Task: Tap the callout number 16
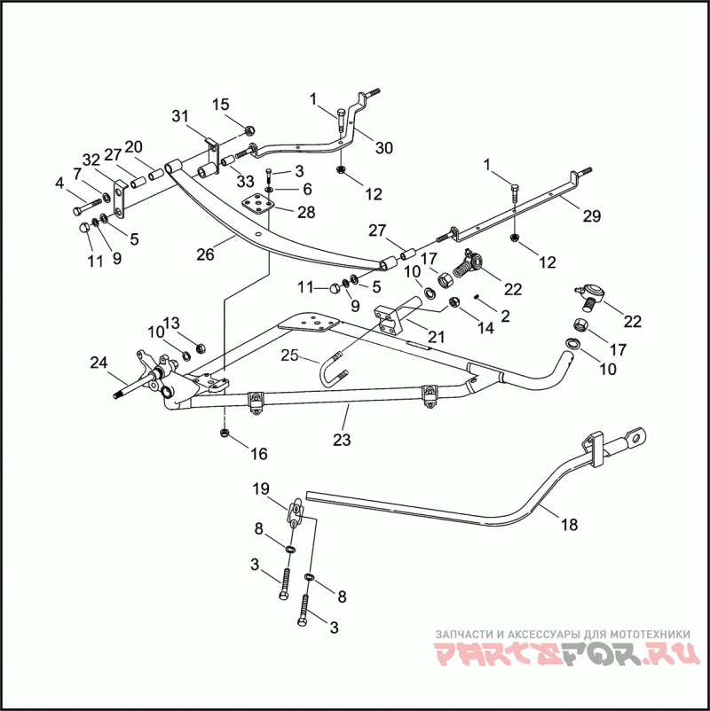tap(258, 454)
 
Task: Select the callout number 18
tap(569, 525)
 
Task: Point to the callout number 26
tap(206, 254)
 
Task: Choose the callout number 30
tap(383, 148)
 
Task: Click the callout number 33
tap(246, 182)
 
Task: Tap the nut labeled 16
tap(225, 433)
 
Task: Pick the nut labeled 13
tap(200, 345)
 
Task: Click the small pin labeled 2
tap(477, 297)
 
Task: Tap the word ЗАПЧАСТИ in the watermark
tap(463, 635)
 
